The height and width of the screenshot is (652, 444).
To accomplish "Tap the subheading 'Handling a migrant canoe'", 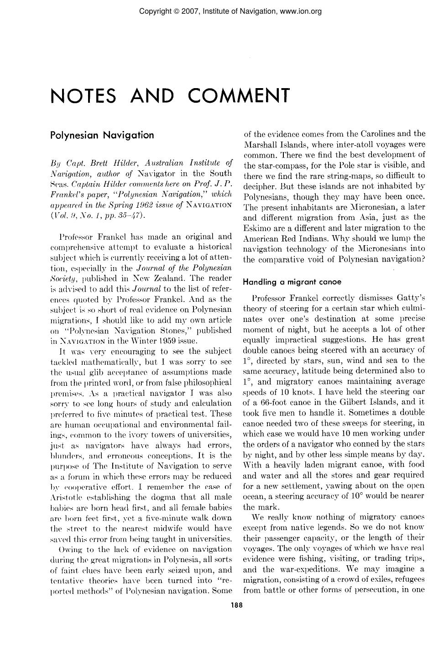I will click(292, 282).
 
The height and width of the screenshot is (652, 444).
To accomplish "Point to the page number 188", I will click(236, 605).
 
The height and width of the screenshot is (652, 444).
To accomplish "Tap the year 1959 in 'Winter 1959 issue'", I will click(172, 341).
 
